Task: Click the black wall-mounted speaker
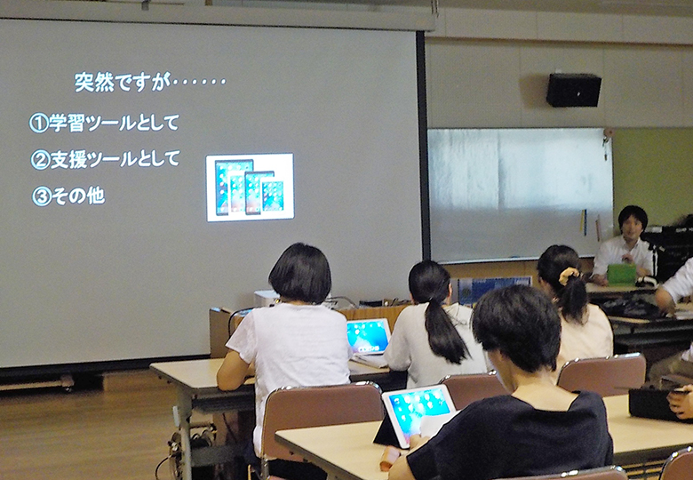point(574,90)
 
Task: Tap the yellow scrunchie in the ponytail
point(569,276)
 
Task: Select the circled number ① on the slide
point(38,124)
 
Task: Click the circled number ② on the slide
point(40,160)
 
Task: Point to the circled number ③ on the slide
point(42,197)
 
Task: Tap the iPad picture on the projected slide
point(250,188)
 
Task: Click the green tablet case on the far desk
point(621,274)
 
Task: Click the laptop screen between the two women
point(369,336)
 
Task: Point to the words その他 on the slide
point(78,196)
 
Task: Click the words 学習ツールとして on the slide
point(114,123)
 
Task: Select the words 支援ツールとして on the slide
point(115,159)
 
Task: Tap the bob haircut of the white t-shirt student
point(300,273)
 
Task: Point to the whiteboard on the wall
point(520,194)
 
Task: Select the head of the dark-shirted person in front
point(516,327)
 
